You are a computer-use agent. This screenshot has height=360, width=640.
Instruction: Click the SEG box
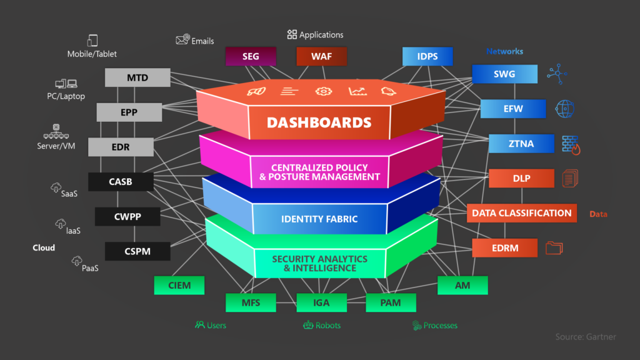pos(251,57)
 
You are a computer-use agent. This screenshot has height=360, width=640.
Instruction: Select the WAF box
pos(321,57)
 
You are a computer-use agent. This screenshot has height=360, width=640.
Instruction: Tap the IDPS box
pos(427,57)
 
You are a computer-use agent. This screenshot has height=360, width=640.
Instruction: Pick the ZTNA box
pos(512,144)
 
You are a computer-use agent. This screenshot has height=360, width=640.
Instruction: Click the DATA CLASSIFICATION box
pos(521,213)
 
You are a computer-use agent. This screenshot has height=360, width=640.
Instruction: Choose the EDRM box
pos(504,247)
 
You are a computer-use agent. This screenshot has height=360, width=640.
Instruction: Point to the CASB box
pos(120,182)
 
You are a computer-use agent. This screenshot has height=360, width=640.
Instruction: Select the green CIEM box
pos(180,286)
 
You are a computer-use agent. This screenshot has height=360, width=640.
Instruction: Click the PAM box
pos(391,303)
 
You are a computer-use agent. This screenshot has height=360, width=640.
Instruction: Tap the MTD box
pos(137,78)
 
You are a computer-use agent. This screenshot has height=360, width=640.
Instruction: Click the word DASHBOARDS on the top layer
pos(319,122)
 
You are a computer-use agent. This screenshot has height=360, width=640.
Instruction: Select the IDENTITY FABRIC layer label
pos(319,219)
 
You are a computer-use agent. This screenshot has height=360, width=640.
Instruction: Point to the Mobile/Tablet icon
pos(92,41)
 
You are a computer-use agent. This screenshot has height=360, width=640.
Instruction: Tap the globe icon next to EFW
pos(564,109)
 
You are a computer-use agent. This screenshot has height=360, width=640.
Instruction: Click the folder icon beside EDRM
pos(554,247)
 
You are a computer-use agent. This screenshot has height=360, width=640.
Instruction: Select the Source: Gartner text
pos(586,337)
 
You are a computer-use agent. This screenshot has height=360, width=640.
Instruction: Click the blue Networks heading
pos(504,51)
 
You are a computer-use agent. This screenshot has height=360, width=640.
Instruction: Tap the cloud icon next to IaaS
pos(61,223)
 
